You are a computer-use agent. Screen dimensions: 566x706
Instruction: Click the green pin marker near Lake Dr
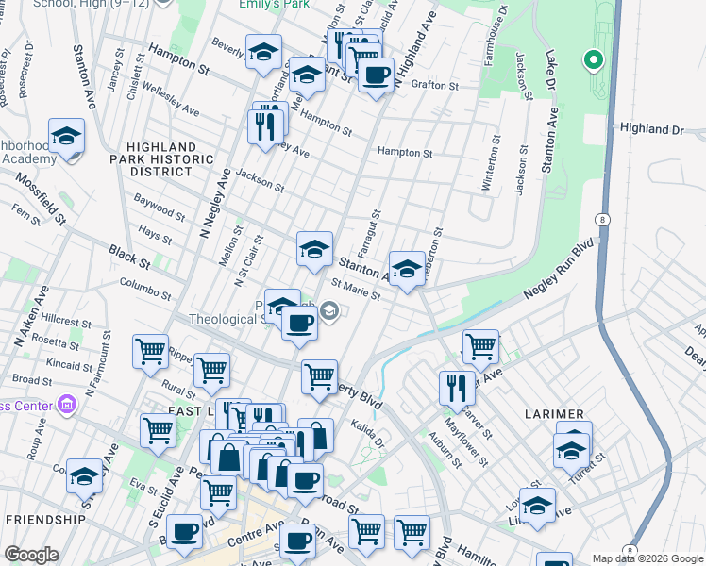[x=593, y=61]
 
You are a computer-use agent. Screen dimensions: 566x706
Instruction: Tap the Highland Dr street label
[x=650, y=128]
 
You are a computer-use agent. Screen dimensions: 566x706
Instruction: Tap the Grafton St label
[x=434, y=84]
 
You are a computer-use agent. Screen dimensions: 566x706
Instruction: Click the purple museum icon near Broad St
[x=66, y=406]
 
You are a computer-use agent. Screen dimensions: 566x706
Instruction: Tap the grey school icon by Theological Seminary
[x=329, y=310]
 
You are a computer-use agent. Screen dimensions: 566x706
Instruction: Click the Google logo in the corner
[x=31, y=555]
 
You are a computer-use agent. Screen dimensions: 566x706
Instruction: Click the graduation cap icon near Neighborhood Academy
[x=66, y=137]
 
